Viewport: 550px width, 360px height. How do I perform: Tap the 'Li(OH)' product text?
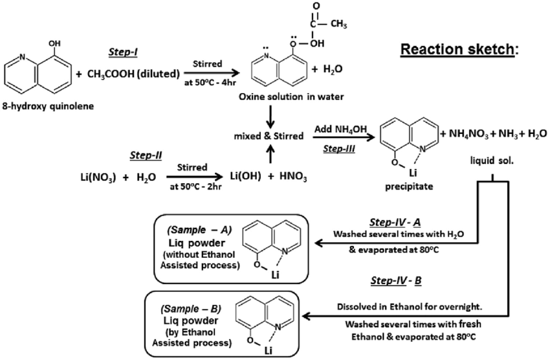247,176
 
